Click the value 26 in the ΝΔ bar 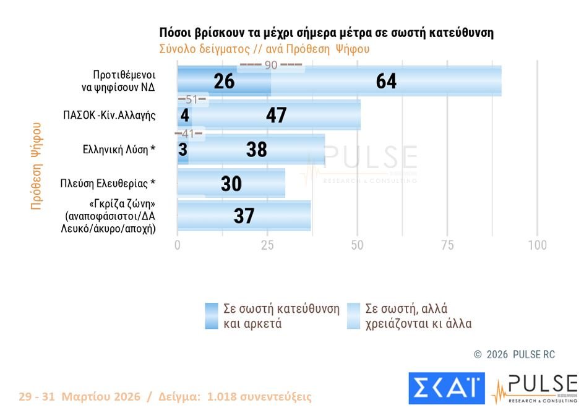[x=224, y=82]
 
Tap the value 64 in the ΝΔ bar [x=386, y=82]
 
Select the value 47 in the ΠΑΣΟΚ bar [x=276, y=115]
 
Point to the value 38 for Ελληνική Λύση [x=256, y=149]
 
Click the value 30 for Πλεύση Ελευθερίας [x=231, y=184]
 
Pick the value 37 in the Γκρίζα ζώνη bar [x=244, y=216]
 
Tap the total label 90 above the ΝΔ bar [x=270, y=65]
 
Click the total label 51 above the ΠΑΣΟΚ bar [x=191, y=100]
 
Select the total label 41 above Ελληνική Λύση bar [x=188, y=133]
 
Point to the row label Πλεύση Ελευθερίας [x=108, y=183]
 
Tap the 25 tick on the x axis [x=267, y=245]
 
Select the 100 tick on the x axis [x=537, y=245]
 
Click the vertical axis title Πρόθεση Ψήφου [x=36, y=166]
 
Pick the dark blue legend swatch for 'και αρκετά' [x=212, y=316]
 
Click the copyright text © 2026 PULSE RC [x=514, y=354]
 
